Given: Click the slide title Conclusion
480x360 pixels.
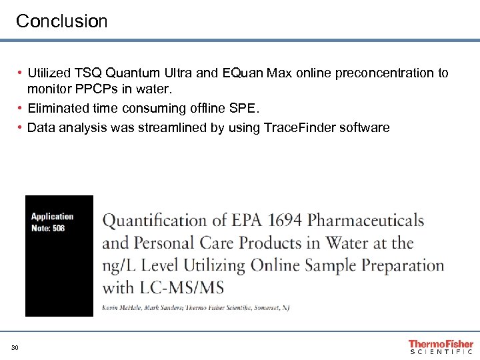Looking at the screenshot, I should pos(61,21).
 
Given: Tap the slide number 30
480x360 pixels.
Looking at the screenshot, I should pos(14,347).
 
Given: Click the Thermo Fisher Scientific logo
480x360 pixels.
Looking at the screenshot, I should pos(441,346).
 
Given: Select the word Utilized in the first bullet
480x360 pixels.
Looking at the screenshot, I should pos(49,73).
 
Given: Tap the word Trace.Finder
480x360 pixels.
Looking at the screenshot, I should pos(301,127).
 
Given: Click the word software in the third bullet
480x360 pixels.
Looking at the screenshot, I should pos(365,127).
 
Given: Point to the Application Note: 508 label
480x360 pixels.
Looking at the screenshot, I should pos(52,223).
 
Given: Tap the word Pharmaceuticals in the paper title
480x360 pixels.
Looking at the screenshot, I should pos(366,221).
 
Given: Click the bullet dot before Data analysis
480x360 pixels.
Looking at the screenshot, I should pos(21,127).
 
